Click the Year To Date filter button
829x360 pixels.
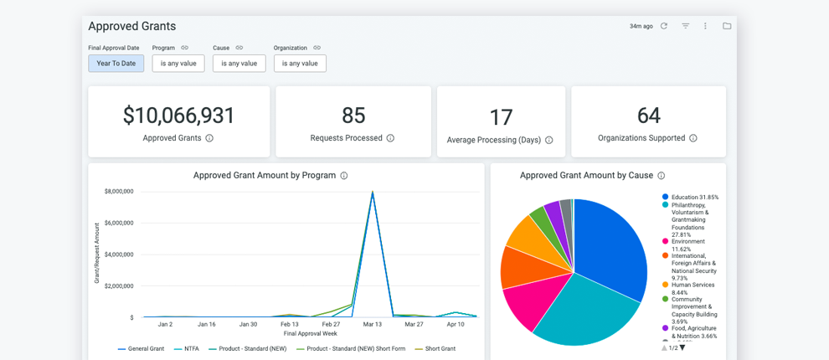[116, 64]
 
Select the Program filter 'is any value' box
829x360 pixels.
[178, 64]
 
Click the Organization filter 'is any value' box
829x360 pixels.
[300, 64]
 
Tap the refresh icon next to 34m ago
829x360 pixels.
[664, 26]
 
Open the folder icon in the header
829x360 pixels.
[727, 26]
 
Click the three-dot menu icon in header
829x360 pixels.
[705, 26]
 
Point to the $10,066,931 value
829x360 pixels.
[179, 116]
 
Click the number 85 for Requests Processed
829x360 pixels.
[353, 116]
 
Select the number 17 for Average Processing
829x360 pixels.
[501, 117]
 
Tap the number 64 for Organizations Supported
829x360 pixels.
[648, 116]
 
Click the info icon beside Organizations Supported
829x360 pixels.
[693, 138]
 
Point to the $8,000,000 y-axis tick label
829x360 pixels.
[119, 192]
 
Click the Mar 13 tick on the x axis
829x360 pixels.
[373, 324]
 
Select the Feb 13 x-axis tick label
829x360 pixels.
[290, 324]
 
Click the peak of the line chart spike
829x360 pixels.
[373, 193]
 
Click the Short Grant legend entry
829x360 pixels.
[440, 348]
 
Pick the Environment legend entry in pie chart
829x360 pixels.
[687, 241]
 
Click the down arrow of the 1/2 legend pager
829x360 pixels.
[682, 347]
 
